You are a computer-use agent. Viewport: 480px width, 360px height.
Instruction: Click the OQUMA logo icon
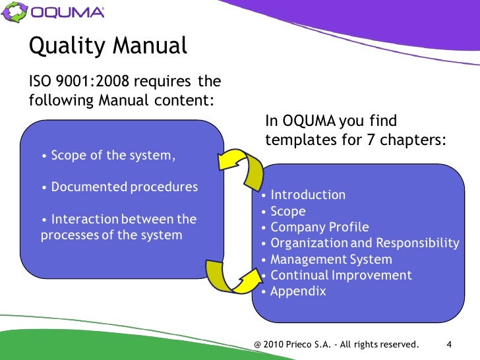(15, 12)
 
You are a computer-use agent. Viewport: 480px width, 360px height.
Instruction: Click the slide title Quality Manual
(109, 45)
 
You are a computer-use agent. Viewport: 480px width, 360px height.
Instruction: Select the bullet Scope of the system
(109, 156)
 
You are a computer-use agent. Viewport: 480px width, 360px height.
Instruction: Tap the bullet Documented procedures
(119, 187)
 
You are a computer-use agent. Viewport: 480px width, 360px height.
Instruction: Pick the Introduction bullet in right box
(307, 195)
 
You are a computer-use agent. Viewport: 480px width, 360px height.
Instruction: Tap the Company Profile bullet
(319, 227)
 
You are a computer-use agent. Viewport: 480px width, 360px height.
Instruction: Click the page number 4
(449, 344)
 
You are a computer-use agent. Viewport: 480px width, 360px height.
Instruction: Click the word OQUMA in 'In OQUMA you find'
(309, 121)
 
